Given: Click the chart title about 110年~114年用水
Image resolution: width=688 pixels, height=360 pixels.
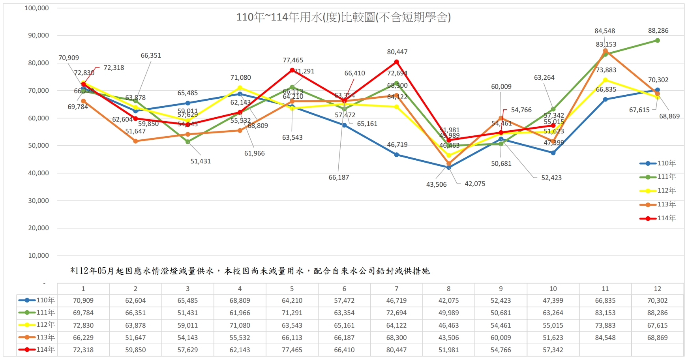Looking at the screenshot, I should (x=343, y=17).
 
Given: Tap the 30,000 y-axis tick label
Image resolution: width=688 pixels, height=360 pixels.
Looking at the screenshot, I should (x=38, y=201).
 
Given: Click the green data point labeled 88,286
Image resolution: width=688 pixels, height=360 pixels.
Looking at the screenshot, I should (x=657, y=41).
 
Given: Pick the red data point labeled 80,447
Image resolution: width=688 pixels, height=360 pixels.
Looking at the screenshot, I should (x=396, y=62).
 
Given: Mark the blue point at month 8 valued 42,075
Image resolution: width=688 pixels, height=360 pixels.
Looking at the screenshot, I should (x=449, y=167).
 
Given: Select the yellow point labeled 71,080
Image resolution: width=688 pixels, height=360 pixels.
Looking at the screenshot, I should (x=240, y=88).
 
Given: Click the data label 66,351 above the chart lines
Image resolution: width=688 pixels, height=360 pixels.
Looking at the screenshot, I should (x=151, y=56).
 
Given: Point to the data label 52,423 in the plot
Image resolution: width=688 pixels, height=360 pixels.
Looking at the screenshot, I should (x=551, y=178).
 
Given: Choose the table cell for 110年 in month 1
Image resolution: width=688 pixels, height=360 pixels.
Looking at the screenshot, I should (x=83, y=301).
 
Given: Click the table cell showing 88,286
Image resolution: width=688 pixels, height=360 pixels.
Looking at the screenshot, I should (x=657, y=313).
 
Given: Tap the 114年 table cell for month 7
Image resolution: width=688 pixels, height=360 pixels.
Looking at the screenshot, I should (x=396, y=350).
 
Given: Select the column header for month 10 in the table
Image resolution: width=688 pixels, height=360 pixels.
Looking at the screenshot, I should (x=553, y=289).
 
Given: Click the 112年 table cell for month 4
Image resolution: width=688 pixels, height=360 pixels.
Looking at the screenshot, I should (x=240, y=326).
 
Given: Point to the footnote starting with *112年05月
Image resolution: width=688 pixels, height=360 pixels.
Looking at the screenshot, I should (x=250, y=271).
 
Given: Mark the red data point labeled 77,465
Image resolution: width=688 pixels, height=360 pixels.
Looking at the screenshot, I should (x=292, y=70).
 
